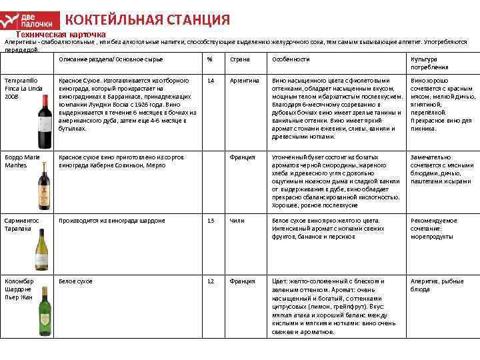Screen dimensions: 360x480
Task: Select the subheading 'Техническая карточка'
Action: pos(61,33)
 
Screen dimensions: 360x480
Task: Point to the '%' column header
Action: pos(209,59)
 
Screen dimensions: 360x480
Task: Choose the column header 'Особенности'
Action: pos(291,59)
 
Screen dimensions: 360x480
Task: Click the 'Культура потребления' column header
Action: pos(429,63)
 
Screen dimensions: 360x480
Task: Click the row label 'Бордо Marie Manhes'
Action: pos(23,161)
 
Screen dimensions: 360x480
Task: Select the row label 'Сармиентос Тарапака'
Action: pos(23,223)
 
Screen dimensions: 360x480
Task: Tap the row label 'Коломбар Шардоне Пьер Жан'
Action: pos(19,289)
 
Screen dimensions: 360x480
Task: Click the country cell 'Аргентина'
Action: pos(244,80)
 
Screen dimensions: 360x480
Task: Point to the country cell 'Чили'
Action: pos(237,220)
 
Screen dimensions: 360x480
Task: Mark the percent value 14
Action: pos(211,80)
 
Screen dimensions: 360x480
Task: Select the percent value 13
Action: pos(211,220)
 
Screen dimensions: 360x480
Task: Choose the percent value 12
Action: pos(211,281)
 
